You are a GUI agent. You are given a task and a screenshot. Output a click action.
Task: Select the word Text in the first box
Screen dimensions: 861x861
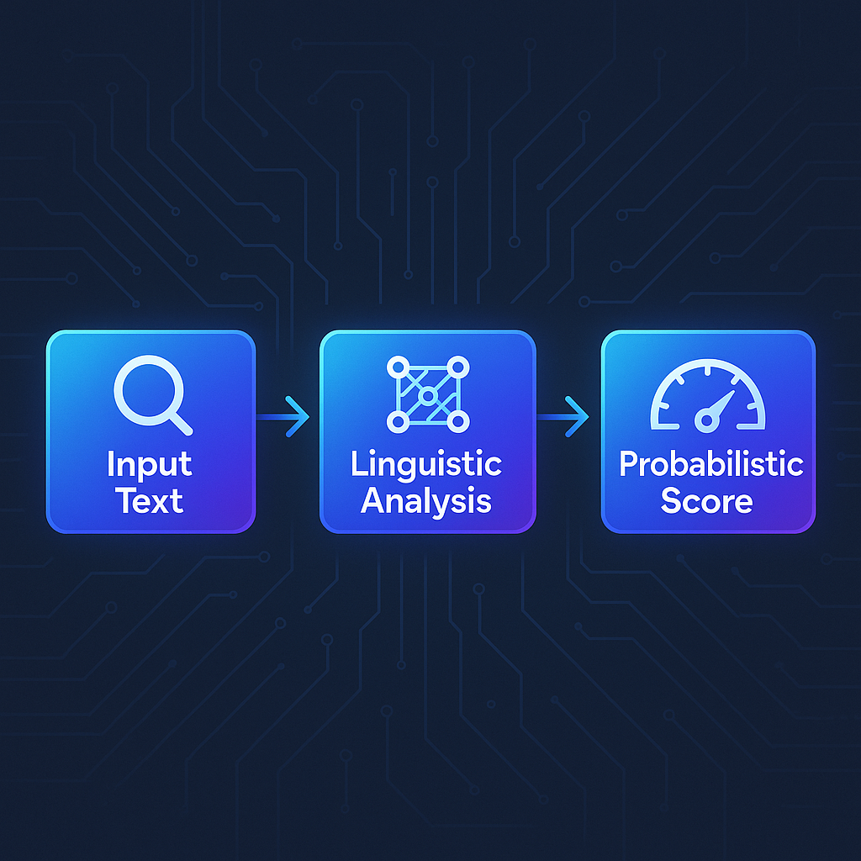coord(150,501)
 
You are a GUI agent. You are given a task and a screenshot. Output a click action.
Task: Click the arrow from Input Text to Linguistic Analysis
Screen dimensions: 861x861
coord(283,417)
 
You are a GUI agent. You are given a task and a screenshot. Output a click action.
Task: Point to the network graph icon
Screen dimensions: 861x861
coord(428,394)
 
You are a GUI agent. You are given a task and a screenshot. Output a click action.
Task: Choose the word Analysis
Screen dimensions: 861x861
coord(426,501)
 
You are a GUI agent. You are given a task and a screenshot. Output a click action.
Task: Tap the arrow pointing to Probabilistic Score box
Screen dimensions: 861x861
coord(563,417)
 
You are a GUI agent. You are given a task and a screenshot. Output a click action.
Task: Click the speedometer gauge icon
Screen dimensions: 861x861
coord(707,395)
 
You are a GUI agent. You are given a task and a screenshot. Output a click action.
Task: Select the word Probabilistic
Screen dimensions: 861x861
coord(711,464)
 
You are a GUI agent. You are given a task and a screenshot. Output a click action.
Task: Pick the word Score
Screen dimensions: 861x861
coord(706,500)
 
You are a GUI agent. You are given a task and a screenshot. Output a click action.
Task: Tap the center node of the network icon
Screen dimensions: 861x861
coord(428,395)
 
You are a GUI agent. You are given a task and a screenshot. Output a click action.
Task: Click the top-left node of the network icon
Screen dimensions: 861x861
coord(399,367)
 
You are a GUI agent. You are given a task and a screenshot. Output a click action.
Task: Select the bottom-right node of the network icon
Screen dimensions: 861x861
coord(458,422)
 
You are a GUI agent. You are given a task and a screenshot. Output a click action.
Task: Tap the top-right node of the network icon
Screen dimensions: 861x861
coord(458,367)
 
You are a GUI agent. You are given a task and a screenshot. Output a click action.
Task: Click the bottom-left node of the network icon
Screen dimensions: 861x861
coord(399,422)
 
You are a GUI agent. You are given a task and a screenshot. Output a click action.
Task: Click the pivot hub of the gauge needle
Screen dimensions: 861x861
coord(707,421)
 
